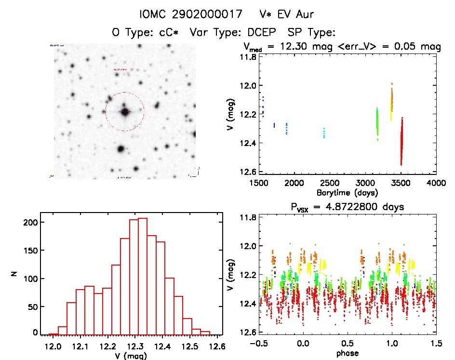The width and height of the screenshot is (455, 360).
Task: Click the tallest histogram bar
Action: coord(143,276)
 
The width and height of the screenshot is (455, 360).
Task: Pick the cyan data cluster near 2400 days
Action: coord(324,133)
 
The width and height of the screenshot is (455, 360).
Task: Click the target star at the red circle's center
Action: coord(125,111)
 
